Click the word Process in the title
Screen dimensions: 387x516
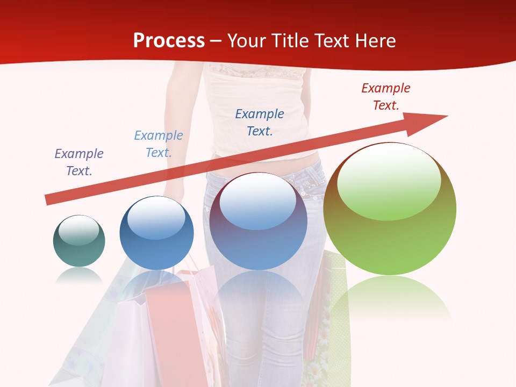169,40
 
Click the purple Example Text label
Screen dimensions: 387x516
79,162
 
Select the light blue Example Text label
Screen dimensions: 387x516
159,144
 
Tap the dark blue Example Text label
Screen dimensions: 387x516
260,122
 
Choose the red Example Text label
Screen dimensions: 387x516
385,97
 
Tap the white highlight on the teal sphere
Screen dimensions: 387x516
79,230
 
